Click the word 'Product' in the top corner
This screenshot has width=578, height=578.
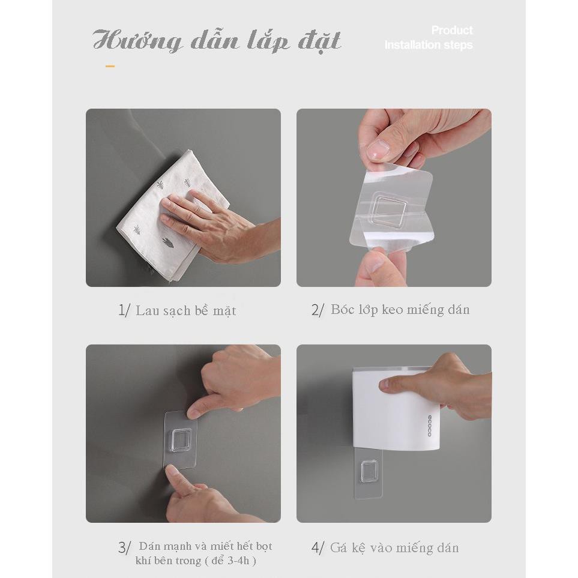452,30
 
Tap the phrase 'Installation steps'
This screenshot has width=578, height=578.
429,45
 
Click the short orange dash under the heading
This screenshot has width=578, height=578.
110,67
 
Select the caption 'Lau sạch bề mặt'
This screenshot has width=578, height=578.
186,311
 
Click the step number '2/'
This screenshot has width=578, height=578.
318,310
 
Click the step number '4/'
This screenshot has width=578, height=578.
318,547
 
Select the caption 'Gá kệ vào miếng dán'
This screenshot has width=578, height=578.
394,548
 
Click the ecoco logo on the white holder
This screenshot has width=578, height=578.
429,426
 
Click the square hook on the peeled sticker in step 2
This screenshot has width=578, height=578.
388,212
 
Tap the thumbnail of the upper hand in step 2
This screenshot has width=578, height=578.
378,149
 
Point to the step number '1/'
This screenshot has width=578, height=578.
124,310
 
